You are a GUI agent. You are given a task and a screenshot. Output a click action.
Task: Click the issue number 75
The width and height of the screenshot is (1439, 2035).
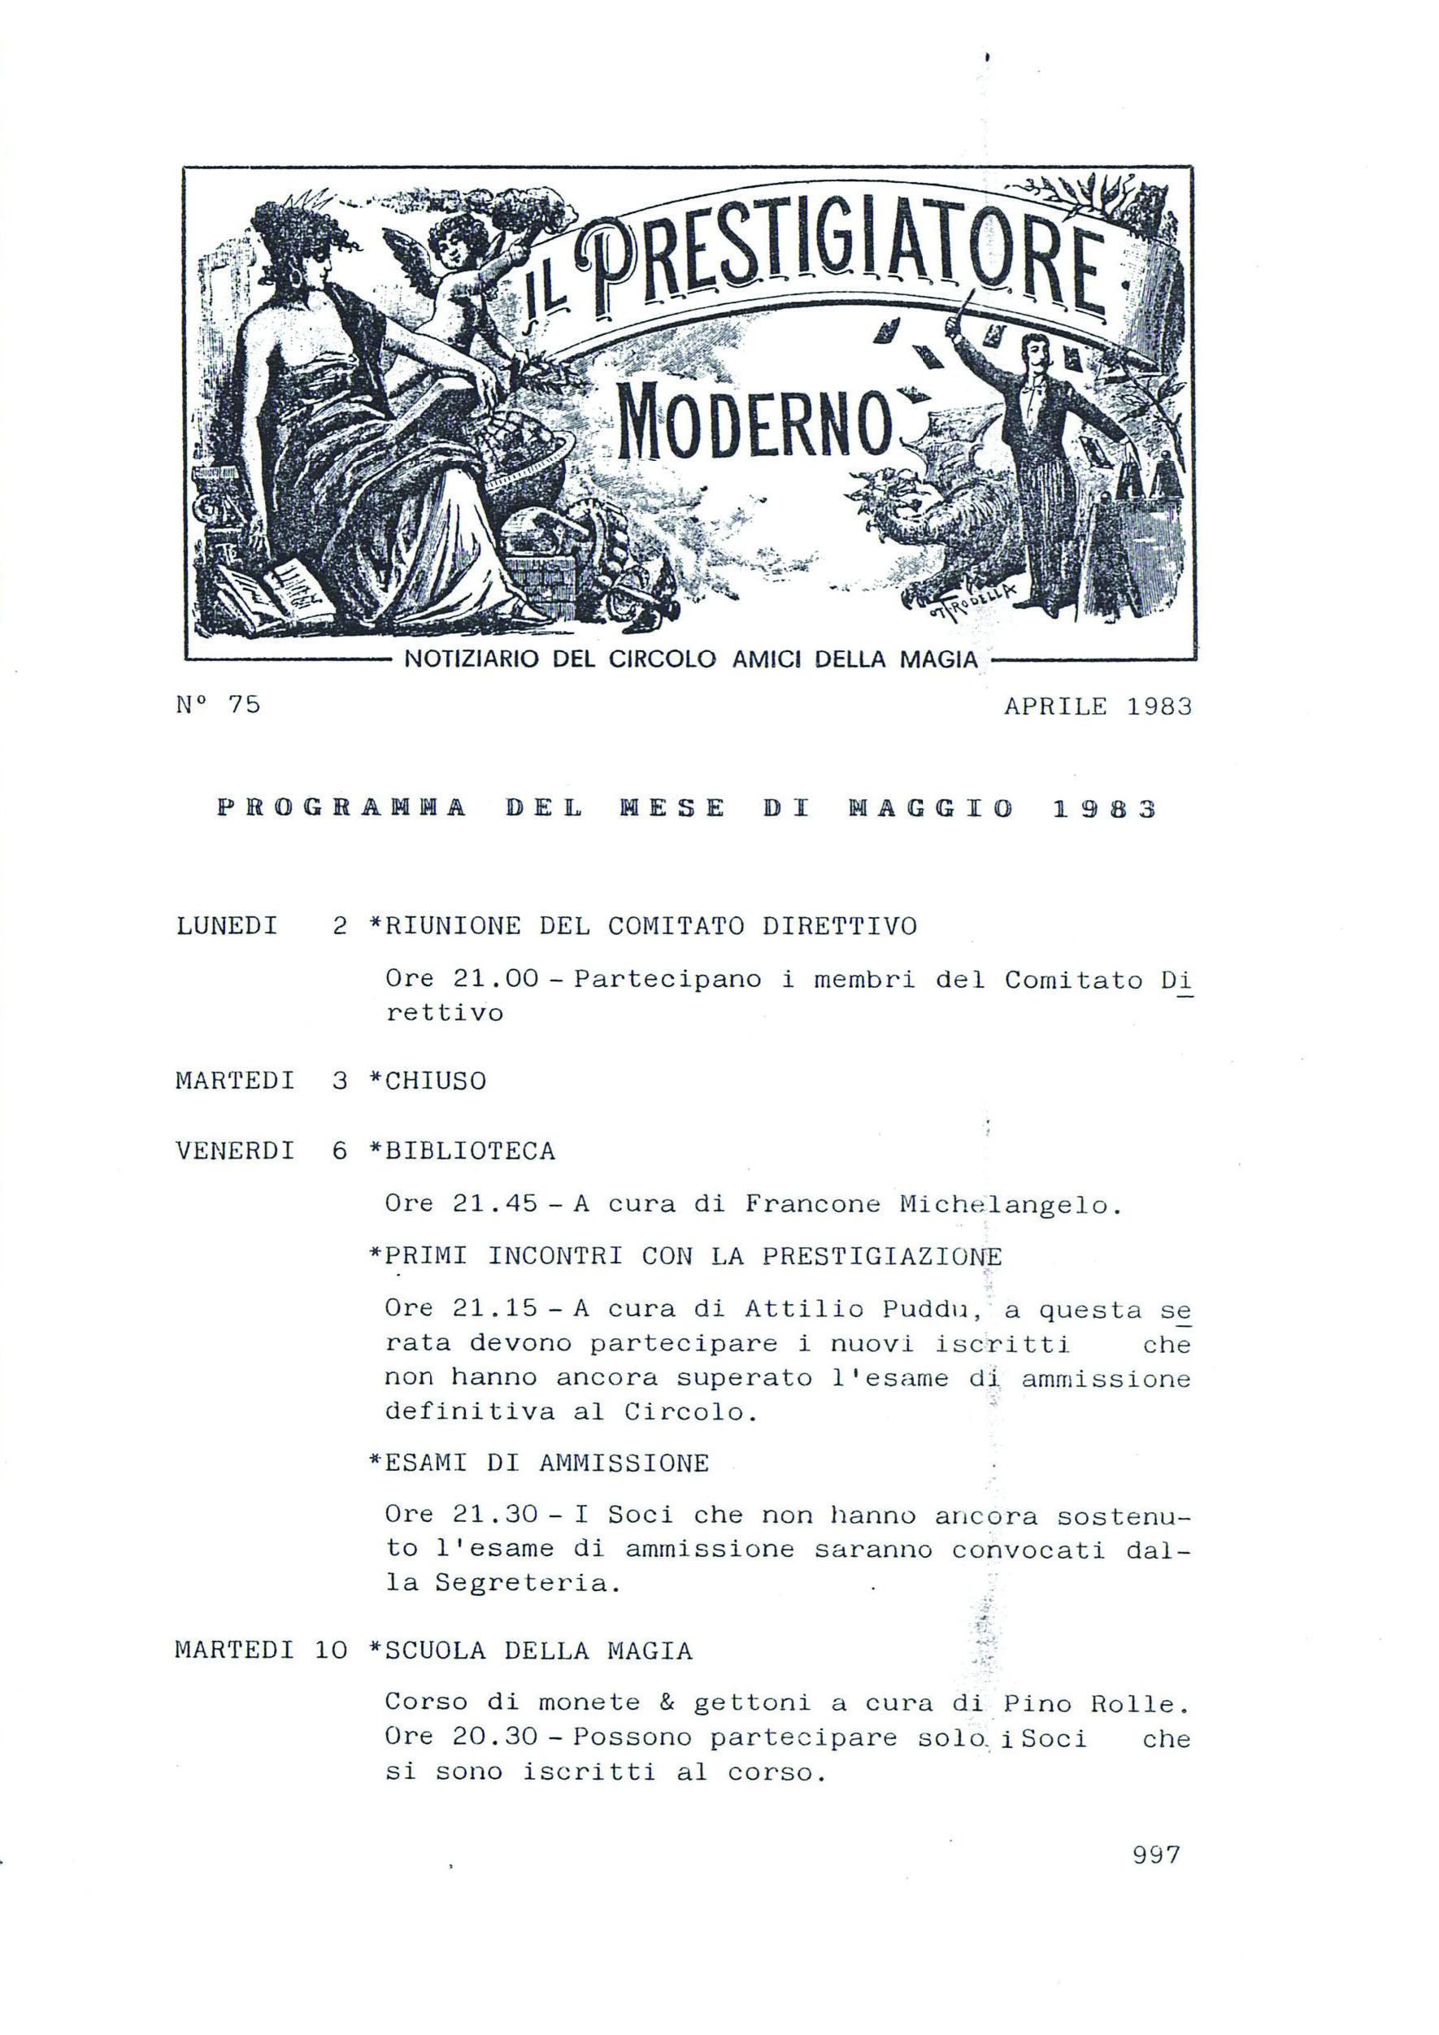(x=244, y=704)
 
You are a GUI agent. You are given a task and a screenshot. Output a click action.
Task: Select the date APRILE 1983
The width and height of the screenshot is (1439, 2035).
(x=1098, y=707)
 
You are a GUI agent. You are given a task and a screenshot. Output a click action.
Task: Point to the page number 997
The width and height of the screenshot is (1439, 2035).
(x=1156, y=1855)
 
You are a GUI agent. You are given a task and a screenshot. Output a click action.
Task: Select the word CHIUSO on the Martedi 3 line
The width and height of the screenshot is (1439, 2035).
(x=435, y=1081)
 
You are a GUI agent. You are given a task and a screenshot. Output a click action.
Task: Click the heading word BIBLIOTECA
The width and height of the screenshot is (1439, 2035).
(x=470, y=1151)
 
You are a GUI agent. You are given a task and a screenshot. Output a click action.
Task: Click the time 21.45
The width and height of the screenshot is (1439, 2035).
(x=495, y=1203)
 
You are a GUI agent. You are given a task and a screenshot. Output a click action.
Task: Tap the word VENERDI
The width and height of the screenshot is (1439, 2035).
(x=235, y=1151)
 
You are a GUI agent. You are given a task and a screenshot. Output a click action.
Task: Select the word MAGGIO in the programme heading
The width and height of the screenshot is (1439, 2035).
(x=930, y=808)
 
